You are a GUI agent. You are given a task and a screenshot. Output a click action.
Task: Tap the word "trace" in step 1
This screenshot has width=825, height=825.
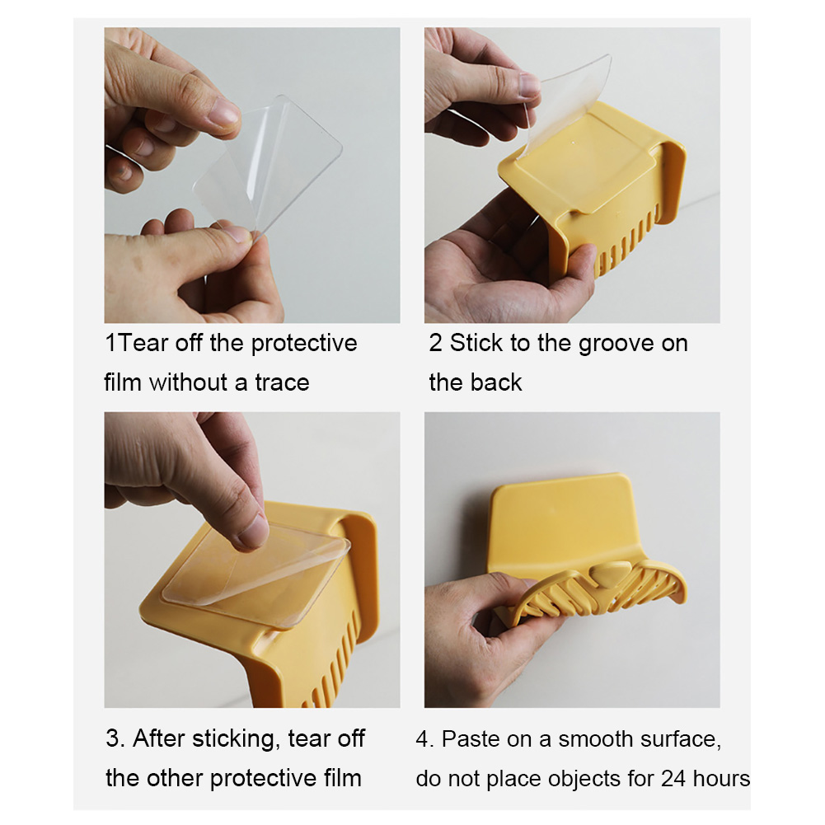[x=282, y=382]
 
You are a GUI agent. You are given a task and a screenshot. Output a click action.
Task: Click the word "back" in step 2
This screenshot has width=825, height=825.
[x=499, y=382]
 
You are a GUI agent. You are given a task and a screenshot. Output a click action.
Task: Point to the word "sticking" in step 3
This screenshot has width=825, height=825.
[x=235, y=739]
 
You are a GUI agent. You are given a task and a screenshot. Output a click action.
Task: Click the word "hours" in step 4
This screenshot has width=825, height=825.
[x=721, y=778]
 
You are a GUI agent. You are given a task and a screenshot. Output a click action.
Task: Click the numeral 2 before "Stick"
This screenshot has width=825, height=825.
[x=435, y=343]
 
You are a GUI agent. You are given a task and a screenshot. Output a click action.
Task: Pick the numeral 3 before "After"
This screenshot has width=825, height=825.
[x=112, y=738]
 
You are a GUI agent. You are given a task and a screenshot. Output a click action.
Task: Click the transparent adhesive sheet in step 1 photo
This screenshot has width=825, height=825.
[x=269, y=164]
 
